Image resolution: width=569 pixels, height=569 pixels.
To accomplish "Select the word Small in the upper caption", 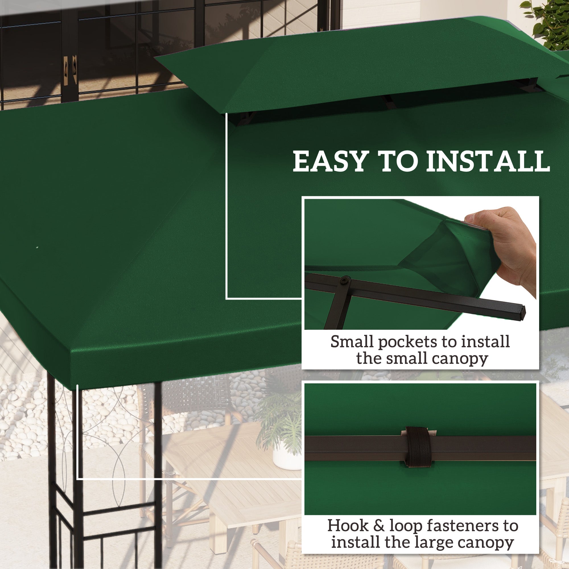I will (352, 342).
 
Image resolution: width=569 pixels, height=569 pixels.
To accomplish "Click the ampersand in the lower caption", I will (379, 526).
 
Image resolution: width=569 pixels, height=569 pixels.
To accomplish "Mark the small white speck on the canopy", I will (37, 247).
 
